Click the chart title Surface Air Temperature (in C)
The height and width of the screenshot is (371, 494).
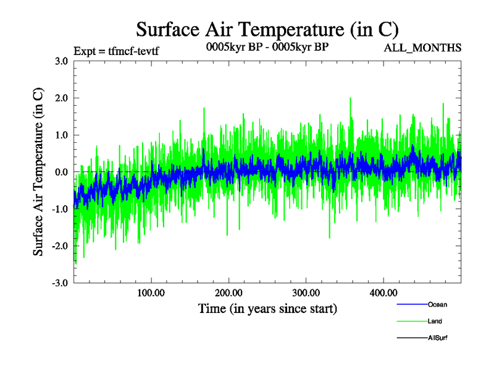pyautogui.click(x=267, y=29)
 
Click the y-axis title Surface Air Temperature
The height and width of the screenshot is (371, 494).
pyautogui.click(x=38, y=172)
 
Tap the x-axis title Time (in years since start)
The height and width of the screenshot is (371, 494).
pyautogui.click(x=267, y=307)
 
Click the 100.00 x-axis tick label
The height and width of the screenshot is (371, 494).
pyautogui.click(x=151, y=293)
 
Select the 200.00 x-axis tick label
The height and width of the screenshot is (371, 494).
pyautogui.click(x=228, y=293)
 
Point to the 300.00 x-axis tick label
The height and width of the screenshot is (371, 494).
pyautogui.click(x=306, y=293)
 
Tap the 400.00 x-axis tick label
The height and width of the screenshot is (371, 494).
pyautogui.click(x=383, y=293)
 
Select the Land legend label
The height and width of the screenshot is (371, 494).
pyautogui.click(x=435, y=321)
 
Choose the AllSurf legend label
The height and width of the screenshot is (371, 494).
pyautogui.click(x=438, y=338)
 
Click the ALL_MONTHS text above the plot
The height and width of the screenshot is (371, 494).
pyautogui.click(x=423, y=48)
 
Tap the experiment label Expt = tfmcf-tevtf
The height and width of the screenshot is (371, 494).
pyautogui.click(x=116, y=51)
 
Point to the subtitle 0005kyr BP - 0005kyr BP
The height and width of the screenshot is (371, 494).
pyautogui.click(x=267, y=46)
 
